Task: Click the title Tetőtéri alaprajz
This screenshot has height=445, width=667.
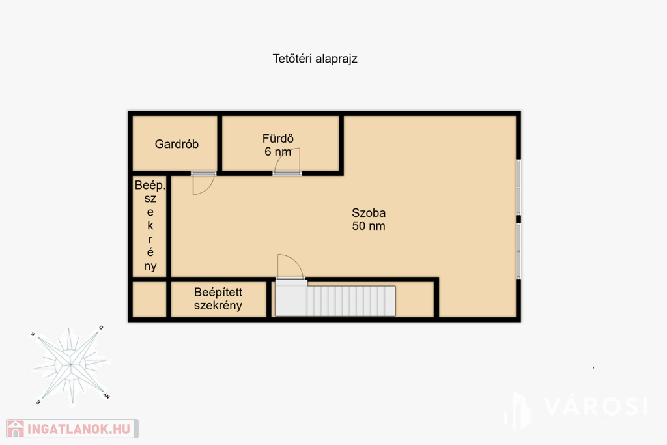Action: pos(315,59)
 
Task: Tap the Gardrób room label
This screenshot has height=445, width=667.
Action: pos(177,144)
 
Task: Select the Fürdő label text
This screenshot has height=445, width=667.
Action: pos(277,138)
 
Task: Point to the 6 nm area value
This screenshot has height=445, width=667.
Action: pos(277,151)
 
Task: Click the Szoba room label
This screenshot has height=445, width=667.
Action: pos(369,212)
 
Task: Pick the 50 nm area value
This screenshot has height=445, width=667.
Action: pos(369,226)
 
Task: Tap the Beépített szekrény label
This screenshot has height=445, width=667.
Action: pos(218,298)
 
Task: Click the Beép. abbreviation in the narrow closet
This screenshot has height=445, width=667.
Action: pos(150,186)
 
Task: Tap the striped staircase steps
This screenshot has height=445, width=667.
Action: pos(351,301)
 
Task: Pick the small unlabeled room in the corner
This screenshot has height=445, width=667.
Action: pos(149,299)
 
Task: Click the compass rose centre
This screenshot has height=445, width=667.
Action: pos(70,365)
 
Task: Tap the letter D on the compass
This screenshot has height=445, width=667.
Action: pos(101,328)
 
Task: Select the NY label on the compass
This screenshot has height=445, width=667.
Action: pos(106,397)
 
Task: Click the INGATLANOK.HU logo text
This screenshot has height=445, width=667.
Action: pos(79,429)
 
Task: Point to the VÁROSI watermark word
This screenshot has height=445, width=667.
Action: pos(595,407)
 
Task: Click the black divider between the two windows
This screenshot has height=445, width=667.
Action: pos(518,219)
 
